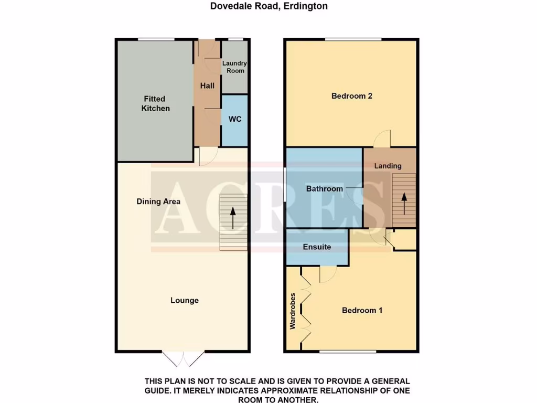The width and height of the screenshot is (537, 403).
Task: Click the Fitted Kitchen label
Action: (155, 103)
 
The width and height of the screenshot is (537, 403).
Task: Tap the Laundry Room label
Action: (234, 67)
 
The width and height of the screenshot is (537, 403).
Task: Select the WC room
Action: (234, 120)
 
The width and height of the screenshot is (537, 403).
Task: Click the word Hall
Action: (207, 86)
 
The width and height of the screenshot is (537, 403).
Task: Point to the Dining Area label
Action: (158, 201)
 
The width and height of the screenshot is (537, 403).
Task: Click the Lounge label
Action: (184, 300)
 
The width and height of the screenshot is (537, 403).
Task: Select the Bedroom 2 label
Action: (351, 96)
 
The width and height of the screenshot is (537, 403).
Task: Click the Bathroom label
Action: (324, 188)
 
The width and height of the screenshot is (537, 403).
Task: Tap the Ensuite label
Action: (317, 247)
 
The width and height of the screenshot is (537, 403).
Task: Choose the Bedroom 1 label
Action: (362, 310)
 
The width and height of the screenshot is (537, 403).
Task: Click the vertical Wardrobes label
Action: (293, 311)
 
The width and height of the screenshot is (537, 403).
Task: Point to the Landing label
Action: (388, 166)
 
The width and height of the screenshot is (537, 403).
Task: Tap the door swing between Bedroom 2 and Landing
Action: (383, 138)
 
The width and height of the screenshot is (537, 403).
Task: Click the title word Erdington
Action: (306, 6)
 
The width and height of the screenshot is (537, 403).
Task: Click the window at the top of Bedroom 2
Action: (352, 39)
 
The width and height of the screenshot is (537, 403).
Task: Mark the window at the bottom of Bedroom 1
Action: (347, 351)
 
